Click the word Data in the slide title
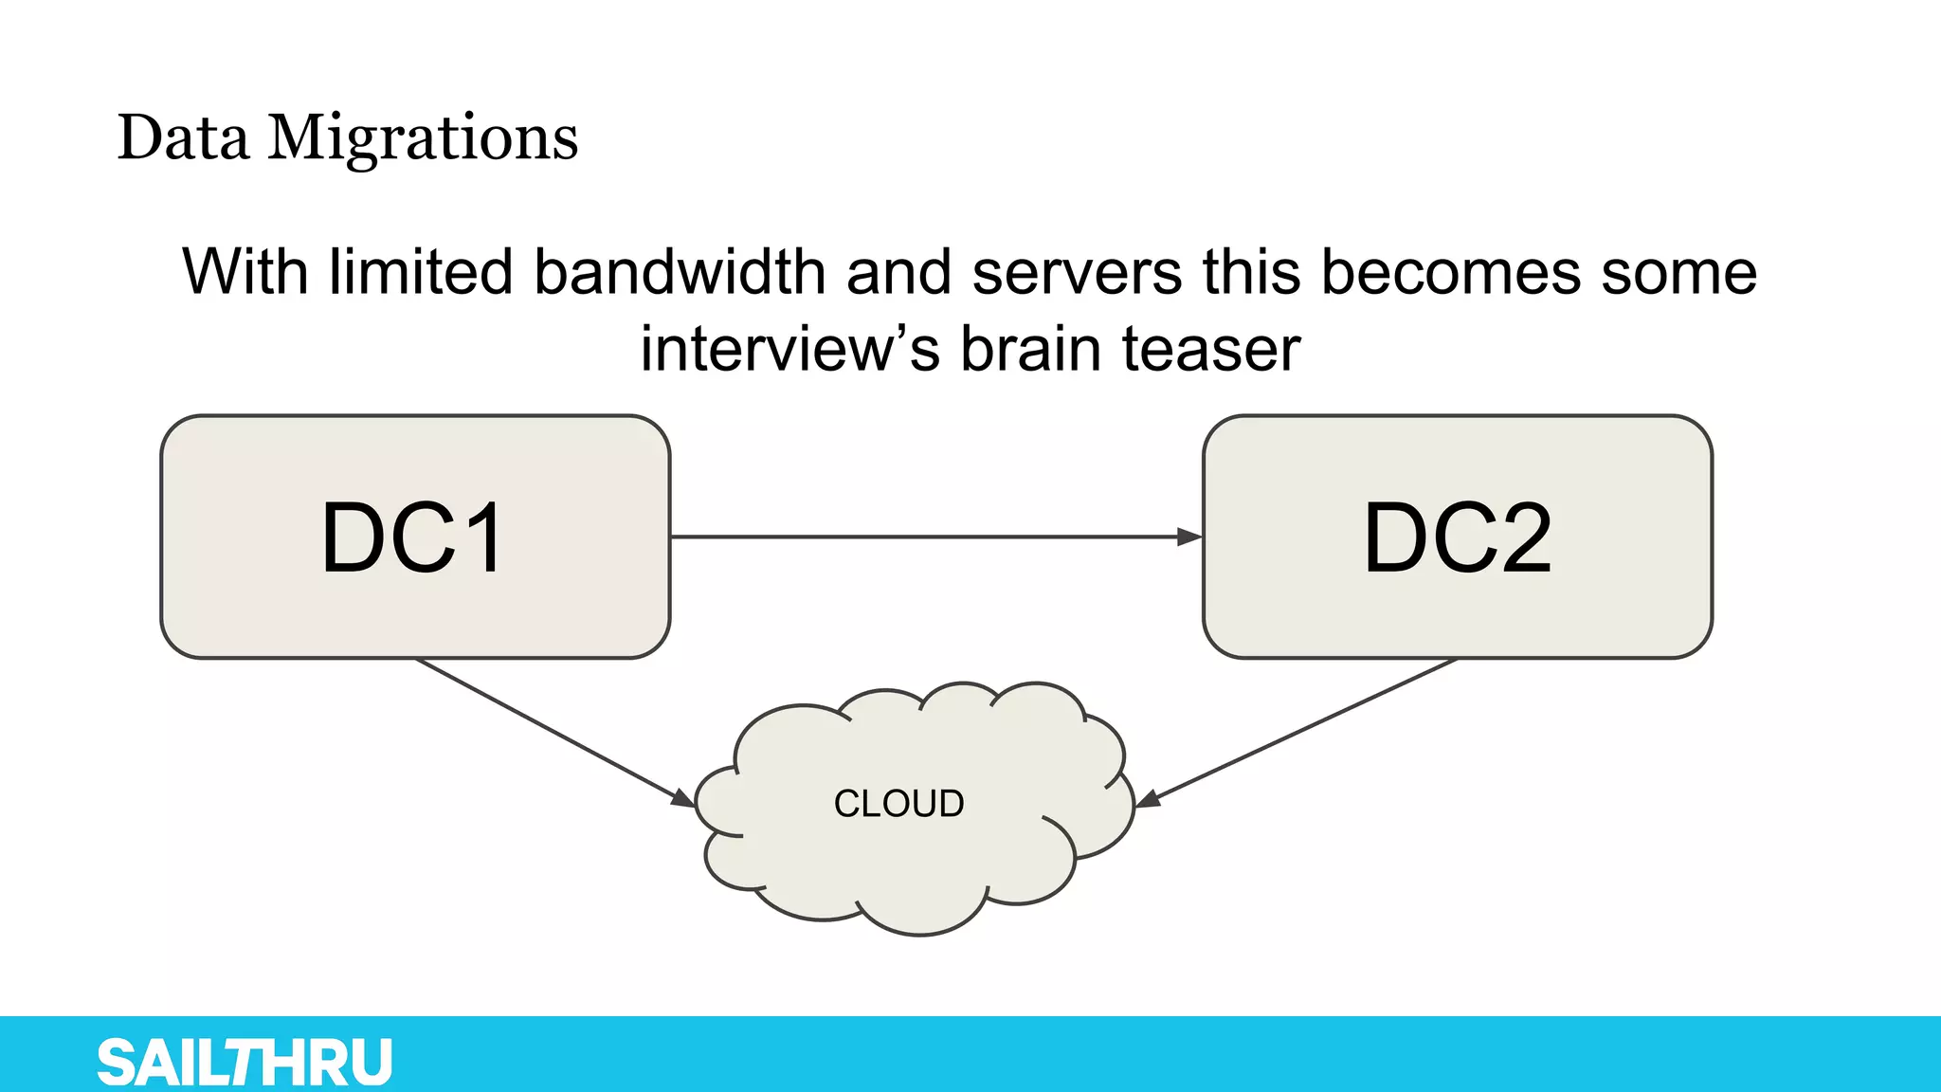tap(184, 138)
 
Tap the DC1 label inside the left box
tap(413, 538)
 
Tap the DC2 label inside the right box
tap(1458, 538)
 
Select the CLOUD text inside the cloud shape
tap(898, 804)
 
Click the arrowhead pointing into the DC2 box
tap(1189, 537)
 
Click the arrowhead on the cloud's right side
tap(1148, 798)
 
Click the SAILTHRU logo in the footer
tap(245, 1062)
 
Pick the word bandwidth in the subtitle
tap(680, 273)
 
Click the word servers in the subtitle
tap(1077, 273)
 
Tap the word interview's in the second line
tap(789, 349)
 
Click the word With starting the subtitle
tap(245, 273)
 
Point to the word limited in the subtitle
tap(420, 273)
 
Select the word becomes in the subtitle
tap(1450, 273)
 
